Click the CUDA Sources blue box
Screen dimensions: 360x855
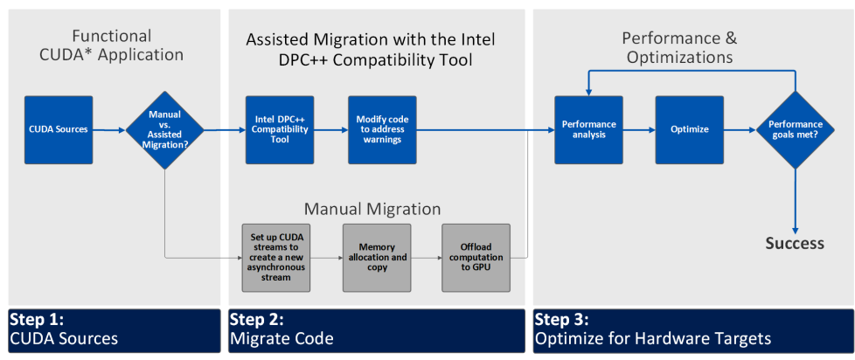[59, 129]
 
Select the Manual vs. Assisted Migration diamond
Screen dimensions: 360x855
[165, 129]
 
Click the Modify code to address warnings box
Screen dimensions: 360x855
[382, 129]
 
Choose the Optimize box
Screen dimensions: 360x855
[690, 129]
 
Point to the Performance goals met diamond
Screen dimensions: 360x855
[795, 129]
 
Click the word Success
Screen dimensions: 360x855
[795, 243]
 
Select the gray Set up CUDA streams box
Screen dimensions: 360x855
[275, 258]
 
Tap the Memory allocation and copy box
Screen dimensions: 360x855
[376, 258]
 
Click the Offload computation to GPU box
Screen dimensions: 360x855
[476, 258]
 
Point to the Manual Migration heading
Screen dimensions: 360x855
[372, 210]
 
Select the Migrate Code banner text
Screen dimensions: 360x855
[282, 338]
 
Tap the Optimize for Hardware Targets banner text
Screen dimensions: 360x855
[653, 338]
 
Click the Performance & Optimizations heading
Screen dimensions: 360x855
[678, 48]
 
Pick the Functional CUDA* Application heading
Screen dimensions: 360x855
[111, 45]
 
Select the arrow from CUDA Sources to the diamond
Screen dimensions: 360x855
[108, 130]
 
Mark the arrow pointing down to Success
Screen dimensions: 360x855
[795, 201]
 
